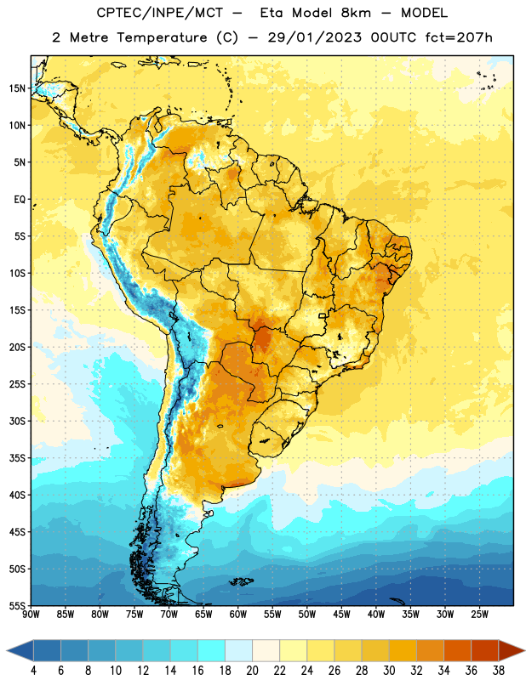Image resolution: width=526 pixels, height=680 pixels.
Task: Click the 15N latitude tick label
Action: [x=17, y=88]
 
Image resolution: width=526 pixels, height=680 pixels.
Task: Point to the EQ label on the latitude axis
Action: [x=20, y=200]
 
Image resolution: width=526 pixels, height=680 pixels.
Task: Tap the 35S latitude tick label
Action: [x=17, y=458]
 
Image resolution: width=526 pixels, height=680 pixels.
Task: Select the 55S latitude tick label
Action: [x=17, y=605]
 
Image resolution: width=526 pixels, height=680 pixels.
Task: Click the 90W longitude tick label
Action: [x=31, y=614]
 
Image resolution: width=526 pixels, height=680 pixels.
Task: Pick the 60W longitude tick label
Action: [x=238, y=614]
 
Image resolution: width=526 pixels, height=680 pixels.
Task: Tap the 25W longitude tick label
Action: [x=479, y=614]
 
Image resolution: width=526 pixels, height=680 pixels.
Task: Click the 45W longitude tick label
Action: [x=341, y=614]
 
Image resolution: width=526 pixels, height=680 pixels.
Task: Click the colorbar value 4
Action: [x=33, y=671]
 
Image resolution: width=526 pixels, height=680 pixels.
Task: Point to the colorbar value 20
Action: [x=252, y=671]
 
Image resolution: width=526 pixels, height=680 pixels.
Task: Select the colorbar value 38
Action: [x=499, y=671]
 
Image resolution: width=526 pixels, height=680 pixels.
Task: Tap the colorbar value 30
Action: [x=389, y=671]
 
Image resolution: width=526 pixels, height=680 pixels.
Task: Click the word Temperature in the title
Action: [x=162, y=37]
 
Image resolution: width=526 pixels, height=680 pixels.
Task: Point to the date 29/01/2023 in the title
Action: [x=314, y=37]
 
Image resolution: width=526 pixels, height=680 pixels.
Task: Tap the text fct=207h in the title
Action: [x=459, y=37]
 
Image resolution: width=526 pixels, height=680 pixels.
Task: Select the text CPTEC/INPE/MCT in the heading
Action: [x=160, y=13]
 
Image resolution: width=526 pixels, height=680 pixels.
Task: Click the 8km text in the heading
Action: [x=356, y=13]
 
